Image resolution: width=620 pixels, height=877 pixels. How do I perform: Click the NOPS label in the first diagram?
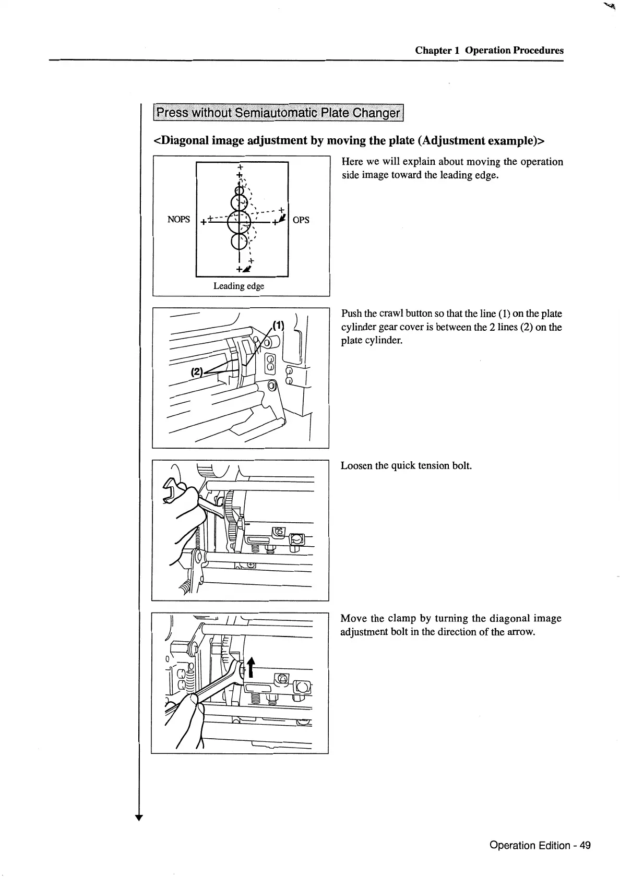pyautogui.click(x=178, y=220)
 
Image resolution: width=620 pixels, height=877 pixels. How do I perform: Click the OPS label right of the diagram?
pyautogui.click(x=301, y=220)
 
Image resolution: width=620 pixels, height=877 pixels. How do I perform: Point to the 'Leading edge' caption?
pyautogui.click(x=239, y=286)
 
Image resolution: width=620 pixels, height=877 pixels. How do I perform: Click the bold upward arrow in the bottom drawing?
pyautogui.click(x=252, y=667)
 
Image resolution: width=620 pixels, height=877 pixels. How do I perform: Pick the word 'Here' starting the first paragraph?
pyautogui.click(x=352, y=162)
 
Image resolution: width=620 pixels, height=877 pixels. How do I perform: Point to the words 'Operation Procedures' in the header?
pyautogui.click(x=514, y=51)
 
